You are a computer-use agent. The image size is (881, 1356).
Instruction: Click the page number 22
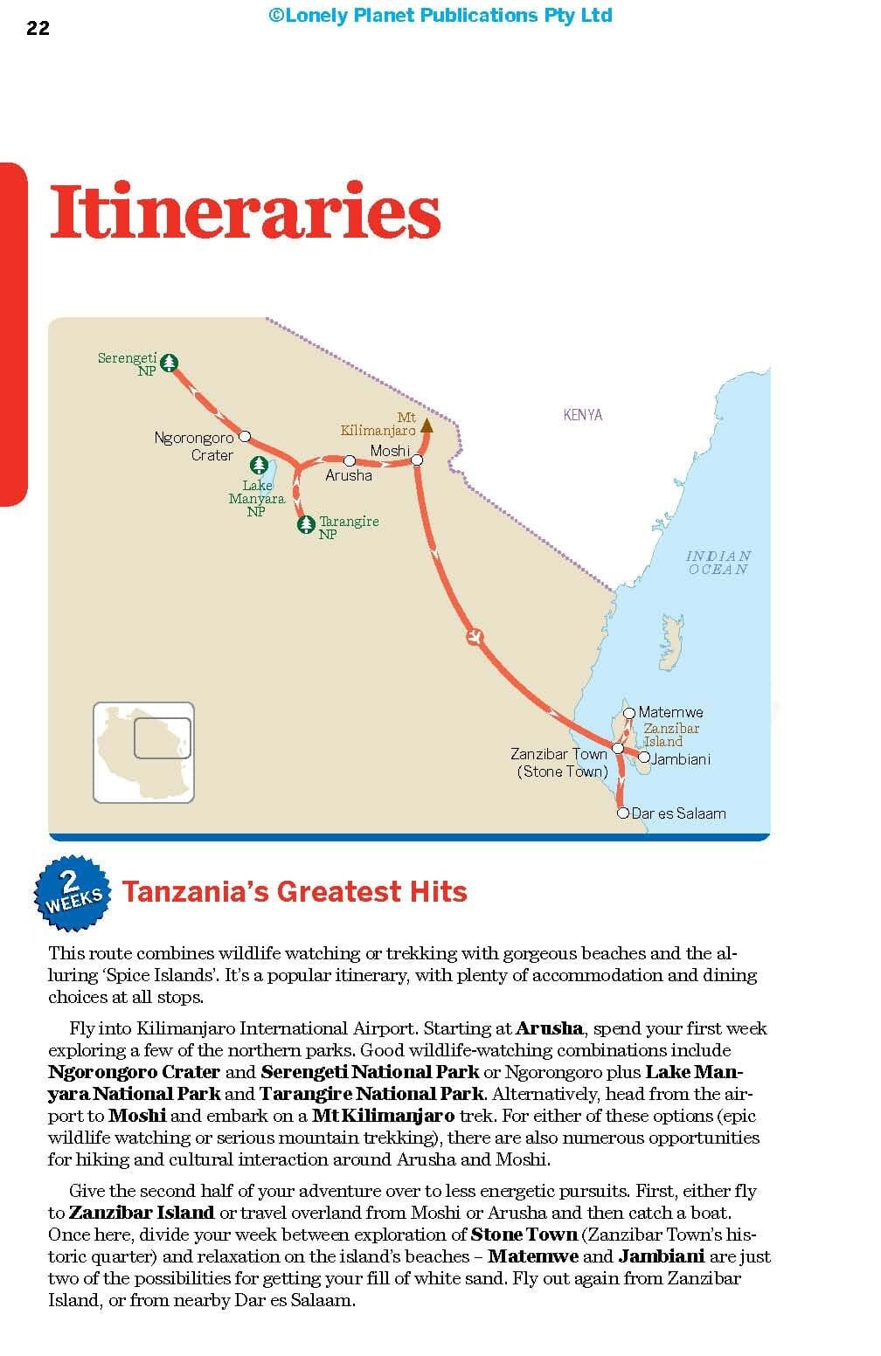click(38, 28)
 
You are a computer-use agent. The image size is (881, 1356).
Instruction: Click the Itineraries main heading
click(245, 212)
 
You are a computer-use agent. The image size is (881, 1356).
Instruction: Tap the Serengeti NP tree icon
click(170, 363)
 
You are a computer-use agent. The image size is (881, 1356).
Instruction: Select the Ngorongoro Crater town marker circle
click(245, 436)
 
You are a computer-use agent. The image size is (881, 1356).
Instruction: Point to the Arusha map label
click(348, 475)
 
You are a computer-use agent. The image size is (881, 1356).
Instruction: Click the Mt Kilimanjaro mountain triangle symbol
click(427, 425)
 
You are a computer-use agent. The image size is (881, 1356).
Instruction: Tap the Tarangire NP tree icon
click(306, 524)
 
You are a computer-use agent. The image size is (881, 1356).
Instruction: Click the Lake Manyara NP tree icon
click(258, 466)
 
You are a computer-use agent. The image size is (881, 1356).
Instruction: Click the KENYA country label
click(583, 415)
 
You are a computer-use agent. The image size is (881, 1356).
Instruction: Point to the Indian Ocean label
click(718, 563)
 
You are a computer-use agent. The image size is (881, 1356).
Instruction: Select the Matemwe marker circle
click(629, 713)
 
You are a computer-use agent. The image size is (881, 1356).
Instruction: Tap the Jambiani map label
click(681, 759)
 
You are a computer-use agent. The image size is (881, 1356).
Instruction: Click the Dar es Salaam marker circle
click(623, 813)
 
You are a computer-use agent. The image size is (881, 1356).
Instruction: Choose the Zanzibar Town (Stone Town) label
click(560, 762)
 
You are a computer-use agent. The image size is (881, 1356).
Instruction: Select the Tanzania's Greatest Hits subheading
click(295, 892)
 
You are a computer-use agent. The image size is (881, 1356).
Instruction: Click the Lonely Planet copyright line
click(440, 15)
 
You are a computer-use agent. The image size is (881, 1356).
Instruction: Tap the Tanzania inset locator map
click(143, 752)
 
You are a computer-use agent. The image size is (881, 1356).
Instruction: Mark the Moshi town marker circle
click(417, 460)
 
